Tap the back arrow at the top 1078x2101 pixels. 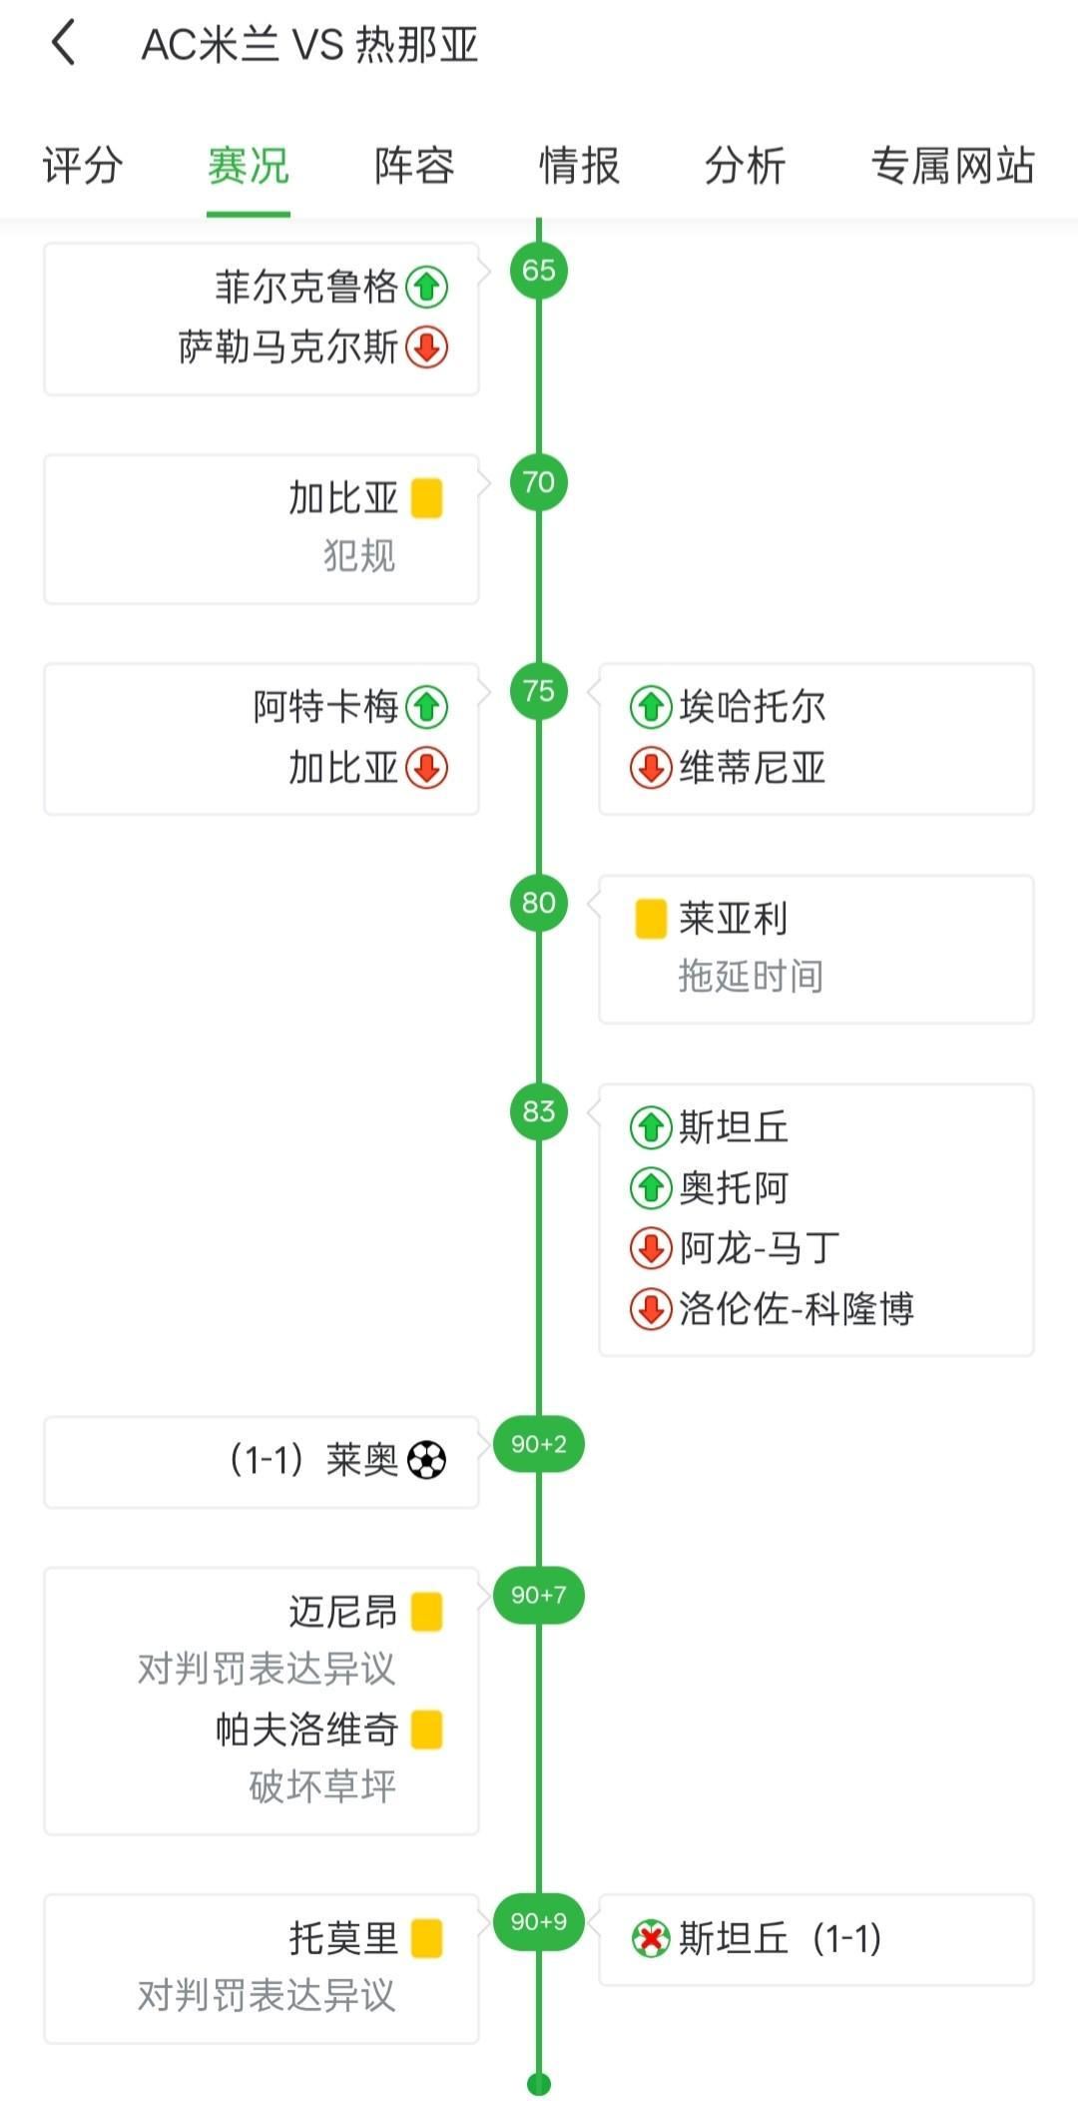click(63, 44)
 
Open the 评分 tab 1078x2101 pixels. click(83, 166)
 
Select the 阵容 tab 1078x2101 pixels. click(414, 166)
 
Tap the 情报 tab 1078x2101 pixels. click(579, 166)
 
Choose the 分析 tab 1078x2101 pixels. click(745, 166)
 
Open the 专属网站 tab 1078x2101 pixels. click(952, 166)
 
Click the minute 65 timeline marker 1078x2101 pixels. click(539, 270)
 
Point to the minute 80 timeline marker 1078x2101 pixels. click(539, 903)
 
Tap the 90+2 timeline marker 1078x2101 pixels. click(539, 1444)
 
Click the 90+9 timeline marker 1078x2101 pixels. click(539, 1921)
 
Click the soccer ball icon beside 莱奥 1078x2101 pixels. click(427, 1460)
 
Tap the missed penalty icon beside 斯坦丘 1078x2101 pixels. click(651, 1939)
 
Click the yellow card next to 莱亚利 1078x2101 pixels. click(651, 919)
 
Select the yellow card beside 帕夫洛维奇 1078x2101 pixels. click(427, 1730)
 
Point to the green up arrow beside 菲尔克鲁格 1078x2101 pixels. click(427, 288)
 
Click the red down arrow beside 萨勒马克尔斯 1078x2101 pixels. click(427, 348)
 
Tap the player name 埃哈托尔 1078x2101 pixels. click(753, 707)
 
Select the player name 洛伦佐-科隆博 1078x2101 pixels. click(797, 1308)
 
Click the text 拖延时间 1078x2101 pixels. click(751, 977)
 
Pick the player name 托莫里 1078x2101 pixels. click(343, 1939)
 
